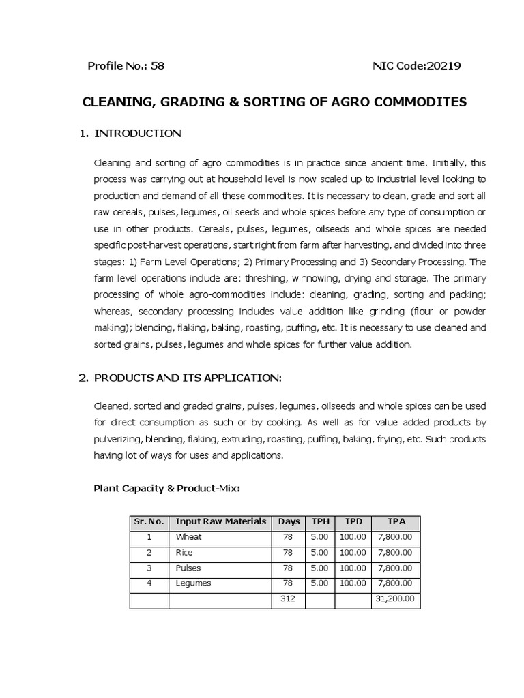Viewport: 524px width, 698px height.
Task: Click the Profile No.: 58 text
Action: pos(126,66)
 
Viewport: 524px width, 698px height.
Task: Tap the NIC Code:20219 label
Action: pos(416,66)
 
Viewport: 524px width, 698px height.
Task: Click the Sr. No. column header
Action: pos(149,521)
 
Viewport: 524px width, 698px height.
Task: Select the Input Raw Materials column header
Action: pos(220,521)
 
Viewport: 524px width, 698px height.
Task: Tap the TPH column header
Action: pos(320,521)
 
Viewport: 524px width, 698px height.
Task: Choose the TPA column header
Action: pos(396,521)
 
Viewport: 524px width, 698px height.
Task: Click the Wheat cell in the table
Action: pos(189,537)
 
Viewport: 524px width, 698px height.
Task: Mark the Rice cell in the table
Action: pos(184,552)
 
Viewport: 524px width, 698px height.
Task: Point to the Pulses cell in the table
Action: pos(188,568)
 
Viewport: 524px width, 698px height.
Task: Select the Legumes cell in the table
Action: pos(193,583)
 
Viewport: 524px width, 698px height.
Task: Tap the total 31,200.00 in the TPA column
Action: pos(396,599)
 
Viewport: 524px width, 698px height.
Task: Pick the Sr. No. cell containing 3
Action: pos(149,568)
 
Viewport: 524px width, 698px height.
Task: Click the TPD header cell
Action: pos(353,521)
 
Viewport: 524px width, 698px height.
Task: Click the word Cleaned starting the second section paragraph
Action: pos(111,406)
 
